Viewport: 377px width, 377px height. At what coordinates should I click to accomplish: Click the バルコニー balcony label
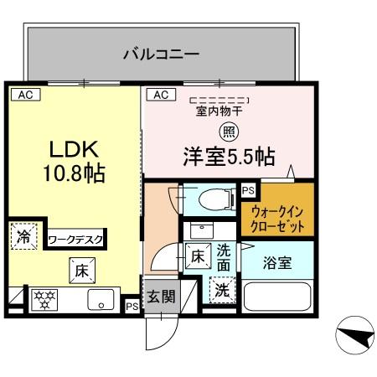(x=161, y=55)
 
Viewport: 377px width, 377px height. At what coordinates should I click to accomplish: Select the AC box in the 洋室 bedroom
(x=161, y=95)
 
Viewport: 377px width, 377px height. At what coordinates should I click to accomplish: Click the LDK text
(x=73, y=151)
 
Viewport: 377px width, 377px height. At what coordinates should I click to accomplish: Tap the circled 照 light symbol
(x=229, y=131)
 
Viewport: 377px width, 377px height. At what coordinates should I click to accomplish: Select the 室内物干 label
(x=219, y=110)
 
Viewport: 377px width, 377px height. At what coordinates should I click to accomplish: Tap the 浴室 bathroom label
(x=279, y=262)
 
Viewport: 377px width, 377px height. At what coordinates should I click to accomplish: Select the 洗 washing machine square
(x=221, y=290)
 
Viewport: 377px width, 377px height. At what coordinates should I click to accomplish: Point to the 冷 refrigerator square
(x=23, y=237)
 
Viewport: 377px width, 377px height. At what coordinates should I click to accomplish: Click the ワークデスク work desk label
(x=76, y=240)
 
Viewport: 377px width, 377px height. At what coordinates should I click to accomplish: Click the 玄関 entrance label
(x=161, y=297)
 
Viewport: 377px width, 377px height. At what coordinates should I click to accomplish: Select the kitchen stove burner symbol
(x=44, y=300)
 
